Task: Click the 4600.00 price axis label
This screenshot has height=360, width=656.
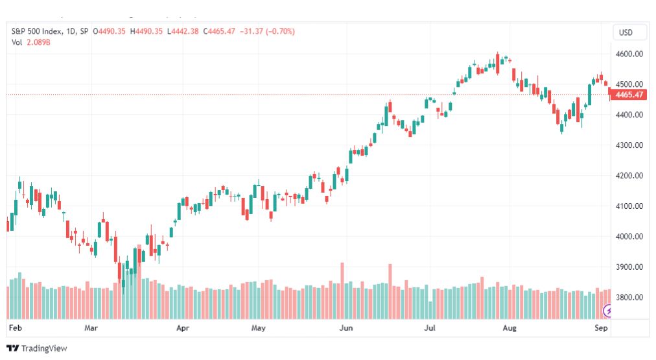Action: pos(629,54)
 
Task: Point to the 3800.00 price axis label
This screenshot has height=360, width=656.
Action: pos(629,298)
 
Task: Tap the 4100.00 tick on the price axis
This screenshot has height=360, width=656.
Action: pos(629,206)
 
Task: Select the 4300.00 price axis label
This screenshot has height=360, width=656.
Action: pos(629,145)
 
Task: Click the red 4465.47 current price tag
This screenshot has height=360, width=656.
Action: pos(629,95)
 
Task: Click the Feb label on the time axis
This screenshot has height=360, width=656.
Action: pos(16,328)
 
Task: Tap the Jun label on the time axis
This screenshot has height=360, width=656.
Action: pos(346,328)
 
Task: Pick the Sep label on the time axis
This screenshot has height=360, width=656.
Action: pos(601,328)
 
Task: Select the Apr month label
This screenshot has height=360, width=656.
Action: pos(183,328)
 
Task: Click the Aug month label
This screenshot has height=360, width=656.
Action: pos(509,328)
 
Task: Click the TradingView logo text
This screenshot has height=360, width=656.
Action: pos(44,348)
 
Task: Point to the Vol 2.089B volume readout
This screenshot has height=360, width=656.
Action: pos(31,42)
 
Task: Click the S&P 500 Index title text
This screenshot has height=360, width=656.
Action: pos(37,31)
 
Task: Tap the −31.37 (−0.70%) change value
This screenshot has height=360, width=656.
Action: pos(267,31)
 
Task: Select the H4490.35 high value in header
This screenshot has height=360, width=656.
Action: pos(146,31)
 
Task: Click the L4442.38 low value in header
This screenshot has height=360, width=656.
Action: pos(183,31)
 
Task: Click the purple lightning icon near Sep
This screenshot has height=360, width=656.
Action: pos(607,311)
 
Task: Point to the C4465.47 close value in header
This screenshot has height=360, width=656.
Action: pos(219,31)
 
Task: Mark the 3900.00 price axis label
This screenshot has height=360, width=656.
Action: pos(629,267)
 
